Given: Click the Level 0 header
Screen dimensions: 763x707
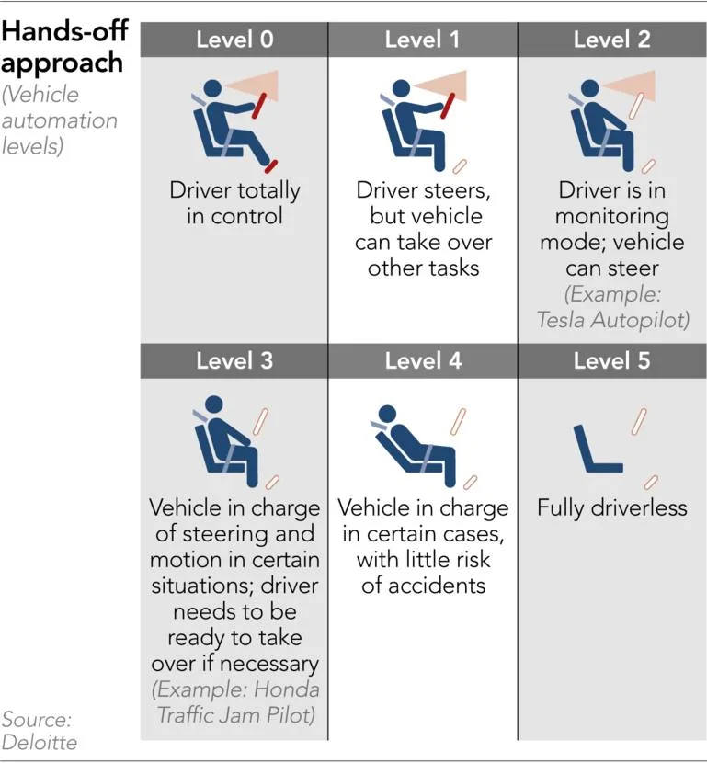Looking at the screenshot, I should [234, 40].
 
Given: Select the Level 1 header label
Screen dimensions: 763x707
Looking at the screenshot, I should [423, 40].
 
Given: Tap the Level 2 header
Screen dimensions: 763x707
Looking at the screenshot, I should [611, 40].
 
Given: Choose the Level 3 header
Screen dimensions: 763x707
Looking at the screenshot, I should [234, 359].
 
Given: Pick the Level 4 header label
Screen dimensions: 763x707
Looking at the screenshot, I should [423, 359].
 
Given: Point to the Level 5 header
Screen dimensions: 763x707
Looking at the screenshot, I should [611, 359].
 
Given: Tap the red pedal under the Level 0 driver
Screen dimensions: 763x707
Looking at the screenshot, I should [270, 166].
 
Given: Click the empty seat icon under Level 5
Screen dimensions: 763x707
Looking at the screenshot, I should [593, 449].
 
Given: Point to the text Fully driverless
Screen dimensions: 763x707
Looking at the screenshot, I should [611, 507].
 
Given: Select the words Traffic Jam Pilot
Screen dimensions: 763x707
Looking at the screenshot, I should [234, 714].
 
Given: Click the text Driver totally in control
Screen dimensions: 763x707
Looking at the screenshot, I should [234, 204].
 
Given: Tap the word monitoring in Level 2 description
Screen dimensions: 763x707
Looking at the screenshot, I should [611, 217].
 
